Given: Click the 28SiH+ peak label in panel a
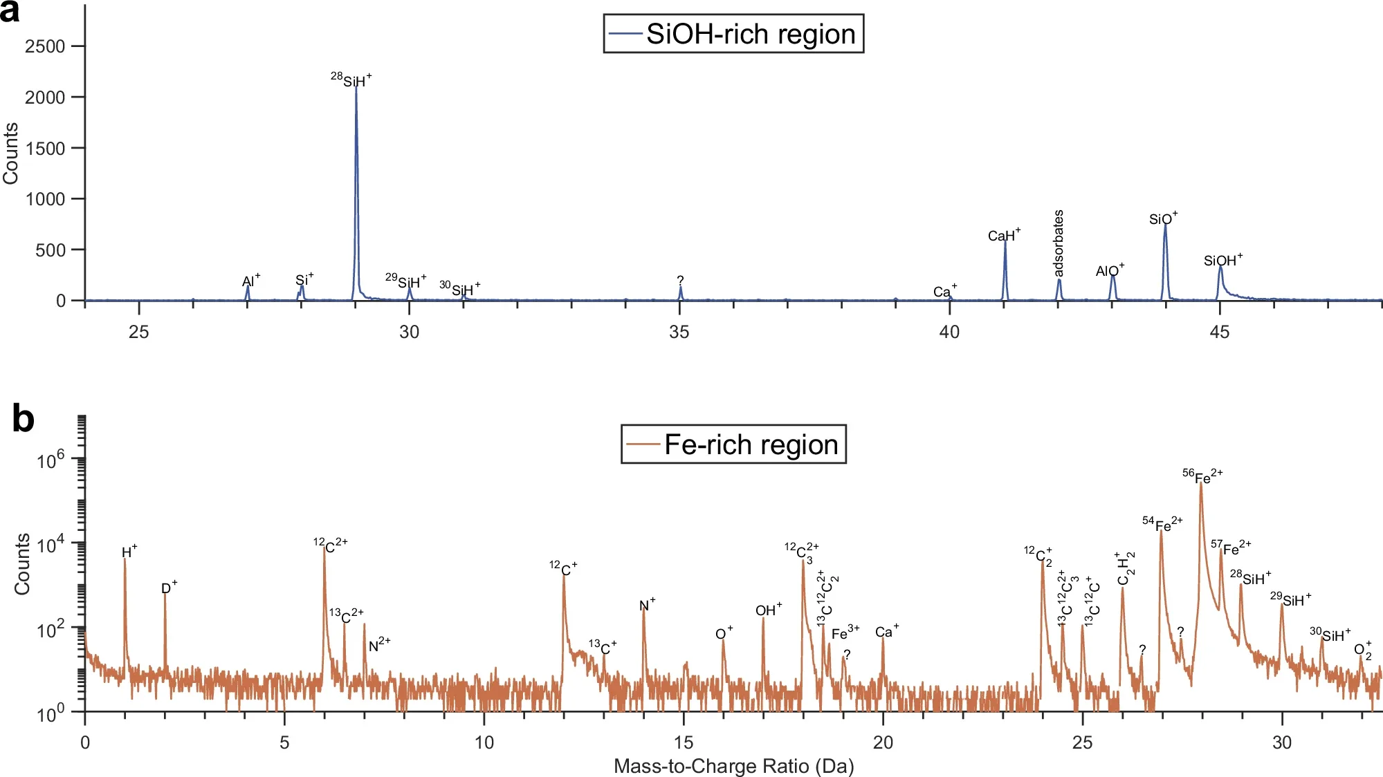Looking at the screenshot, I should pos(351,79).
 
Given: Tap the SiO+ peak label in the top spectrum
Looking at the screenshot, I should pos(1163,219).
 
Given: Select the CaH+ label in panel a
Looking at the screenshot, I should pos(1004,235).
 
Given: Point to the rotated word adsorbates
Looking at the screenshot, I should pos(1059,243).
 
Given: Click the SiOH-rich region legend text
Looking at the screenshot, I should pos(751,34).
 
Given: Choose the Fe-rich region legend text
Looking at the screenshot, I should pos(751,444).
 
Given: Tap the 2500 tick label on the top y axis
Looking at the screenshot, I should pos(45,46).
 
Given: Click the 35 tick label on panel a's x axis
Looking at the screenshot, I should pos(679,333).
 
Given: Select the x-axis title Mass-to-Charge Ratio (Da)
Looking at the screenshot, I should pos(733,766).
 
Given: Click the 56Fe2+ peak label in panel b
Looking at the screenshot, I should pos(1202,476).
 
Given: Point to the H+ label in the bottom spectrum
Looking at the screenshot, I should pos(129,552).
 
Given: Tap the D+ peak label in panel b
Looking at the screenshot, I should pos(169,588).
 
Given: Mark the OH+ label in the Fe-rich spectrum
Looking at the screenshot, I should pos(768,610).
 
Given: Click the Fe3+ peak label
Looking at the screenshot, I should pos(845,633).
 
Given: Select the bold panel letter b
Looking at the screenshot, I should pos(23,419).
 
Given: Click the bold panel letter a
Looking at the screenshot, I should pos(10,12).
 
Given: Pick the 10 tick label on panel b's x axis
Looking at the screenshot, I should pos(484,743).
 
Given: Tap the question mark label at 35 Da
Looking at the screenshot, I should pos(680,280).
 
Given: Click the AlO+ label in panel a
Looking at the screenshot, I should pos(1110,270).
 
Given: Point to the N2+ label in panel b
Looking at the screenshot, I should pos(379,646).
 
